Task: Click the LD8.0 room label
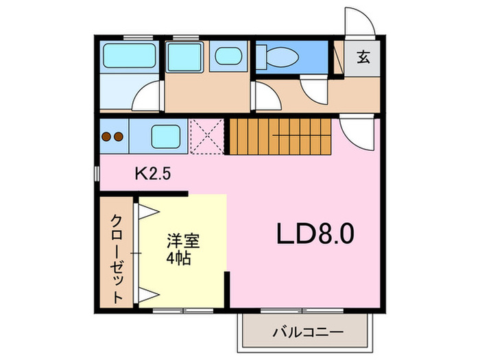(315, 233)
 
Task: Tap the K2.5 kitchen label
(153, 174)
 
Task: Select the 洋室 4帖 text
(183, 250)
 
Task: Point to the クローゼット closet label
(117, 259)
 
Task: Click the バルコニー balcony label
(309, 332)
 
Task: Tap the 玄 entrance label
(363, 57)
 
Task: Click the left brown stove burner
(106, 136)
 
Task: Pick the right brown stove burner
(119, 136)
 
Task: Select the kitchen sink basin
(166, 136)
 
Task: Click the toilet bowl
(283, 57)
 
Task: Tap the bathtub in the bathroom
(129, 56)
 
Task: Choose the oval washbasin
(228, 56)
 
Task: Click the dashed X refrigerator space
(207, 136)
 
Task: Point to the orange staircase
(280, 136)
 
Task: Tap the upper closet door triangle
(149, 211)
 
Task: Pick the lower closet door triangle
(149, 295)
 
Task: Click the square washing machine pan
(184, 57)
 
